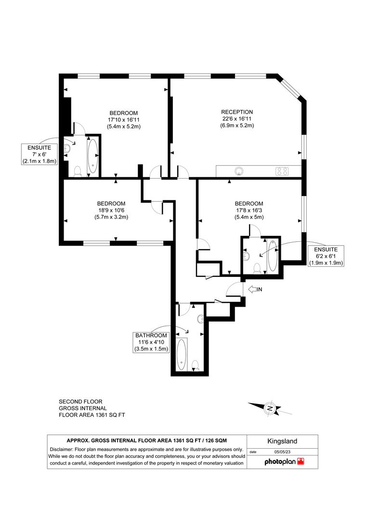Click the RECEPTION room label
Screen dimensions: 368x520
click(x=237, y=112)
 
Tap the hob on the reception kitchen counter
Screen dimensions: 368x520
click(x=282, y=171)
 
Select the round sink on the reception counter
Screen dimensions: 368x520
click(x=238, y=171)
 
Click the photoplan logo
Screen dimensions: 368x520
click(x=284, y=461)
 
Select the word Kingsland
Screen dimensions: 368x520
click(x=282, y=442)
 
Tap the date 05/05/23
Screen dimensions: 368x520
click(x=282, y=452)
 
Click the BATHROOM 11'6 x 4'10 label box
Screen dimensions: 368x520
click(x=151, y=342)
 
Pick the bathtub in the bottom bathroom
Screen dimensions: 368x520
click(x=182, y=354)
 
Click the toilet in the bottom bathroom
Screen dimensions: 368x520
click(x=196, y=366)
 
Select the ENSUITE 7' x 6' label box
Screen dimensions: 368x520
click(x=39, y=154)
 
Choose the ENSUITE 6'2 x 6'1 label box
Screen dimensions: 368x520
click(x=326, y=256)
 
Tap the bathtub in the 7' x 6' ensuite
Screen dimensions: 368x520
click(x=92, y=156)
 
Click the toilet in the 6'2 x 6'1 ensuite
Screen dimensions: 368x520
click(x=257, y=268)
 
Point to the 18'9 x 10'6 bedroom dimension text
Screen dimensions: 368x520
click(x=111, y=210)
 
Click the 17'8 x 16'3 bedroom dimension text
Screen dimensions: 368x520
click(x=249, y=210)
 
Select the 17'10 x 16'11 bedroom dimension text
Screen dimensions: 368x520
click(x=124, y=120)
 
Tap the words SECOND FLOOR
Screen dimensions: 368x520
click(x=80, y=402)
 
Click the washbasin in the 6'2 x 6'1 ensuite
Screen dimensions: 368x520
click(x=246, y=256)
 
